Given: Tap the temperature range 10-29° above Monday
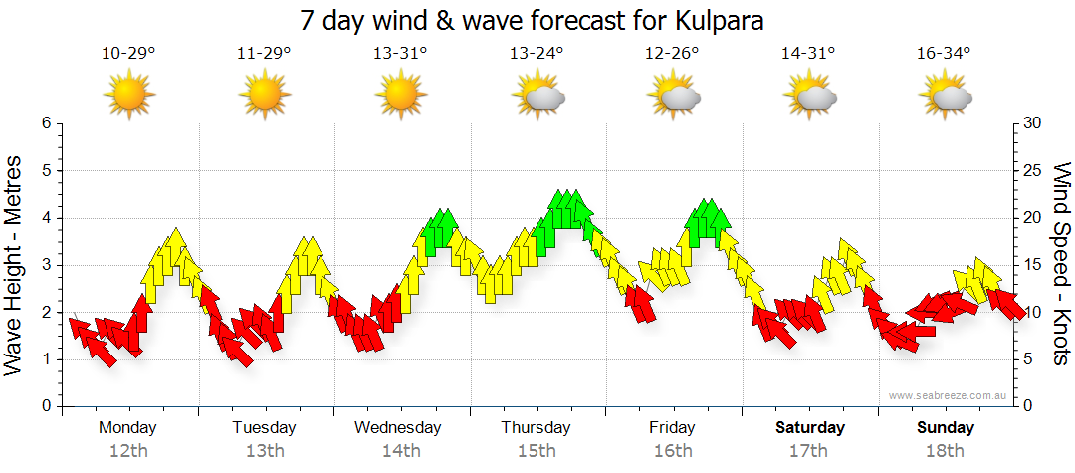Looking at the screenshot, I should (x=128, y=54).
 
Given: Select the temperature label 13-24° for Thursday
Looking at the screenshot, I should (x=537, y=54).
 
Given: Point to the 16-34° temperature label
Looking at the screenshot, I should (x=944, y=54).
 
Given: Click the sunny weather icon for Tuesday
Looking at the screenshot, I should (x=265, y=95).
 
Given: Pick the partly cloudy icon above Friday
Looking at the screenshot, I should (x=674, y=96).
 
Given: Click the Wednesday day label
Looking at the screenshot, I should (x=398, y=428).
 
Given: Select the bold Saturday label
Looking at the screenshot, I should (x=810, y=428).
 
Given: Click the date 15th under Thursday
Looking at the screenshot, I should (x=537, y=451).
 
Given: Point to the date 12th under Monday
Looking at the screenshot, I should (x=128, y=451).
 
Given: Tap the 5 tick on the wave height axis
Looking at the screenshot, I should (x=45, y=170).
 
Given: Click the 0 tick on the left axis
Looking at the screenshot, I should (x=45, y=406).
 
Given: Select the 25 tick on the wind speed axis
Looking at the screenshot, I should (x=1033, y=170).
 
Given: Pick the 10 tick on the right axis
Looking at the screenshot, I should (x=1033, y=312).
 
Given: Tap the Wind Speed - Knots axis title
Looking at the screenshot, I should (x=1061, y=265).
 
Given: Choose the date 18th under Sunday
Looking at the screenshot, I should (x=945, y=451).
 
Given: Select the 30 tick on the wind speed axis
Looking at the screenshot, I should (x=1033, y=123).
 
